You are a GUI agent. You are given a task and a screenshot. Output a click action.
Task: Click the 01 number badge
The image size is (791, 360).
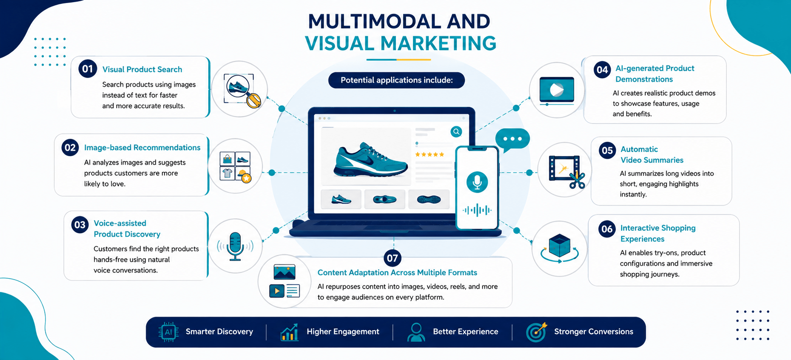tap(88, 69)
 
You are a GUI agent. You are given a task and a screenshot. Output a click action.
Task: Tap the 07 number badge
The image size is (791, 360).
tap(393, 258)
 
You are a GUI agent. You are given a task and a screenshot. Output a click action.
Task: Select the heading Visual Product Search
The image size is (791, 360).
tap(142, 69)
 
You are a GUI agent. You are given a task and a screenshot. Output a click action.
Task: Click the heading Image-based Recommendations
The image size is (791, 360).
tap(142, 148)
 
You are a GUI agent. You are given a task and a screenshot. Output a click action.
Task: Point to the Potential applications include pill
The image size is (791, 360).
tap(396, 80)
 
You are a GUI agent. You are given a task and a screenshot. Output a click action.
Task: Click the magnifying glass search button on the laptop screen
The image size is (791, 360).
tap(456, 131)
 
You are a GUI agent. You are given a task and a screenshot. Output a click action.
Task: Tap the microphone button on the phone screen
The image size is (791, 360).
tap(477, 182)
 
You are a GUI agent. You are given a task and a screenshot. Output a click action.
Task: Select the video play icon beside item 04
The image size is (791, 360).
tap(557, 90)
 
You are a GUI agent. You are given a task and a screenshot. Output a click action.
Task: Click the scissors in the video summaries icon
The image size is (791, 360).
tap(578, 180)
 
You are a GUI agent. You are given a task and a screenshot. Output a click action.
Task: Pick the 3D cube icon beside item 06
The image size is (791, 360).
tap(560, 245)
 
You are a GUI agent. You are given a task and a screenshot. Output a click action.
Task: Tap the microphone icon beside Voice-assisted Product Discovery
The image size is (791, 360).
tap(235, 246)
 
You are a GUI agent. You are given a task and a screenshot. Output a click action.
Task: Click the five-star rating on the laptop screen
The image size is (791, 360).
tap(430, 154)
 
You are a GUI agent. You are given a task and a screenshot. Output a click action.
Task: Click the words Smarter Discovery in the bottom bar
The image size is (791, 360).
tap(219, 331)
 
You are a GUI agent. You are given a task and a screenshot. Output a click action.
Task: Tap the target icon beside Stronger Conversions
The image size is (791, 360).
tap(536, 332)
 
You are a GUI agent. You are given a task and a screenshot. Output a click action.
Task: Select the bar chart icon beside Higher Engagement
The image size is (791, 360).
tap(289, 332)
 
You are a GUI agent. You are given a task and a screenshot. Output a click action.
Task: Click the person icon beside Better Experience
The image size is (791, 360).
tap(416, 332)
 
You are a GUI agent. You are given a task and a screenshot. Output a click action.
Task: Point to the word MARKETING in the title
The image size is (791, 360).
tap(438, 43)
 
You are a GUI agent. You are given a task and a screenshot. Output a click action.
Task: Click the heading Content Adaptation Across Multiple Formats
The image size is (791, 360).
tap(397, 273)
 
